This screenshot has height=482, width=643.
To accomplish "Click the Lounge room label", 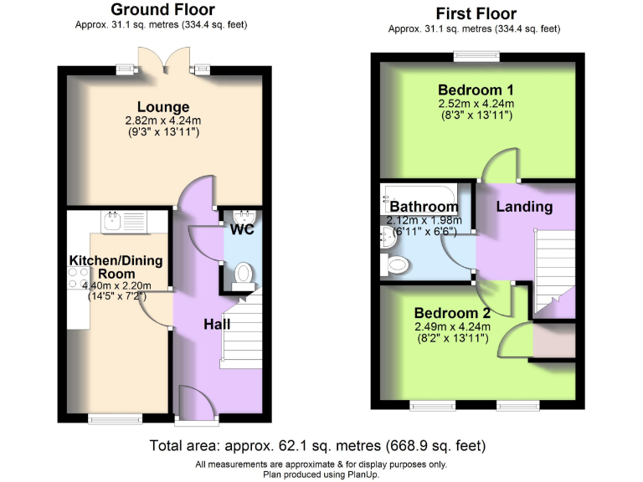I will pos(164,107).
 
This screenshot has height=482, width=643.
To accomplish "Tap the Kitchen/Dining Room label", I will pos(116,267).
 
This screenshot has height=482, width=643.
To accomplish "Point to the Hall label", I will pos(219,324).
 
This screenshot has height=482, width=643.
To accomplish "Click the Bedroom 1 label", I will pos(476,90).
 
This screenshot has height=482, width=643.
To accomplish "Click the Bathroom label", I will pos(424,207).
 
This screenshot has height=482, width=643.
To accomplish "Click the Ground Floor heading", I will pos(162,10).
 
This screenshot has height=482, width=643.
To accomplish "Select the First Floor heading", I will pos(476,13).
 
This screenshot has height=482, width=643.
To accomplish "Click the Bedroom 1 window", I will pos(476,56).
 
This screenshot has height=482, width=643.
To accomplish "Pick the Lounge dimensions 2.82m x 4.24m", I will pos(164,120).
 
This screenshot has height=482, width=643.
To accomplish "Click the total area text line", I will pos(317,445).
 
